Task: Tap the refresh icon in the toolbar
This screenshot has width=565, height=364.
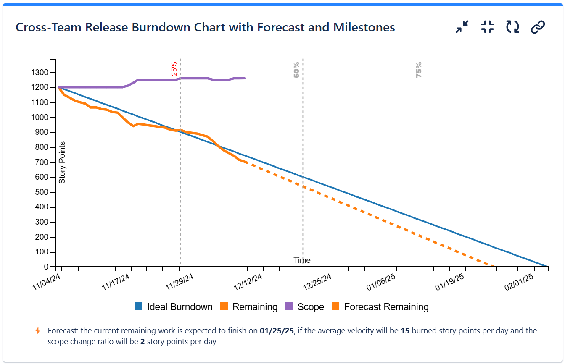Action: click(x=512, y=27)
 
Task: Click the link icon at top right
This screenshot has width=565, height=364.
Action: click(x=538, y=27)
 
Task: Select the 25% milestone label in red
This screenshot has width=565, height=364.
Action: click(x=174, y=68)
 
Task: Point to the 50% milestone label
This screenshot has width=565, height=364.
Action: click(x=296, y=70)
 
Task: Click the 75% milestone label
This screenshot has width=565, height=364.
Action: click(x=419, y=70)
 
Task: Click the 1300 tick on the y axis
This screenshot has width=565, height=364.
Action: click(x=40, y=73)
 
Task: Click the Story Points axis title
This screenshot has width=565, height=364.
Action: click(x=62, y=162)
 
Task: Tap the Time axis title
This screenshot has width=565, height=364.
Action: click(x=302, y=260)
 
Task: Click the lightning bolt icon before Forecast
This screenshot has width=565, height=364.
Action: click(x=38, y=331)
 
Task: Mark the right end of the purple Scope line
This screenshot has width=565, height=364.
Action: click(x=245, y=78)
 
